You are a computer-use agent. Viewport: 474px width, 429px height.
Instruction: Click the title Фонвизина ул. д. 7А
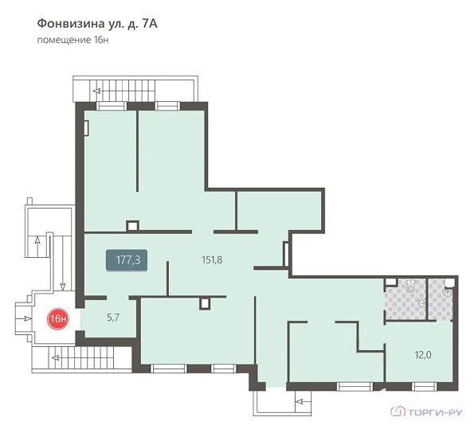click(x=97, y=24)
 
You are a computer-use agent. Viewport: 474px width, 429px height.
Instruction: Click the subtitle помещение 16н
click(x=72, y=40)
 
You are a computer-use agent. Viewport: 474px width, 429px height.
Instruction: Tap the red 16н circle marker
click(x=58, y=318)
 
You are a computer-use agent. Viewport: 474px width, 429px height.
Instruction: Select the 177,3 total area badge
click(x=127, y=259)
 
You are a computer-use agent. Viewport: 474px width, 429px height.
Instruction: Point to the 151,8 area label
click(x=212, y=259)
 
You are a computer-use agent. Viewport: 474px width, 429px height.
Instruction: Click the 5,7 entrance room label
click(x=113, y=318)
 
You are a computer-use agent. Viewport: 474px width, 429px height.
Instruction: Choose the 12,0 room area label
click(x=423, y=355)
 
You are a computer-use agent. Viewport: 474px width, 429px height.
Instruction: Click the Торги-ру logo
click(x=426, y=411)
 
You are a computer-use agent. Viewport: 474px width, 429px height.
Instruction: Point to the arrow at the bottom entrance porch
click(x=304, y=401)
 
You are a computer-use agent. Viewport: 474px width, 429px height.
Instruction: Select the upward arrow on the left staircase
click(x=37, y=246)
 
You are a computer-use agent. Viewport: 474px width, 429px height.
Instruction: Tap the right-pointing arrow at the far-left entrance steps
click(x=24, y=318)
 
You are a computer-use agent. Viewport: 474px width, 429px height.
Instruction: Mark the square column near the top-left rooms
click(x=132, y=226)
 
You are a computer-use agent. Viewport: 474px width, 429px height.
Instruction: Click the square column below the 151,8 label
click(x=205, y=303)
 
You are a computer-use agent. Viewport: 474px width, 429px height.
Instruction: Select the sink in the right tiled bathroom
click(x=448, y=293)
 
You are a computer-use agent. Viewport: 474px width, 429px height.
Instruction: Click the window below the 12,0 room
click(x=424, y=387)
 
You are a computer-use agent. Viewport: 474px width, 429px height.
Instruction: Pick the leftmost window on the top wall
click(x=112, y=106)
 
